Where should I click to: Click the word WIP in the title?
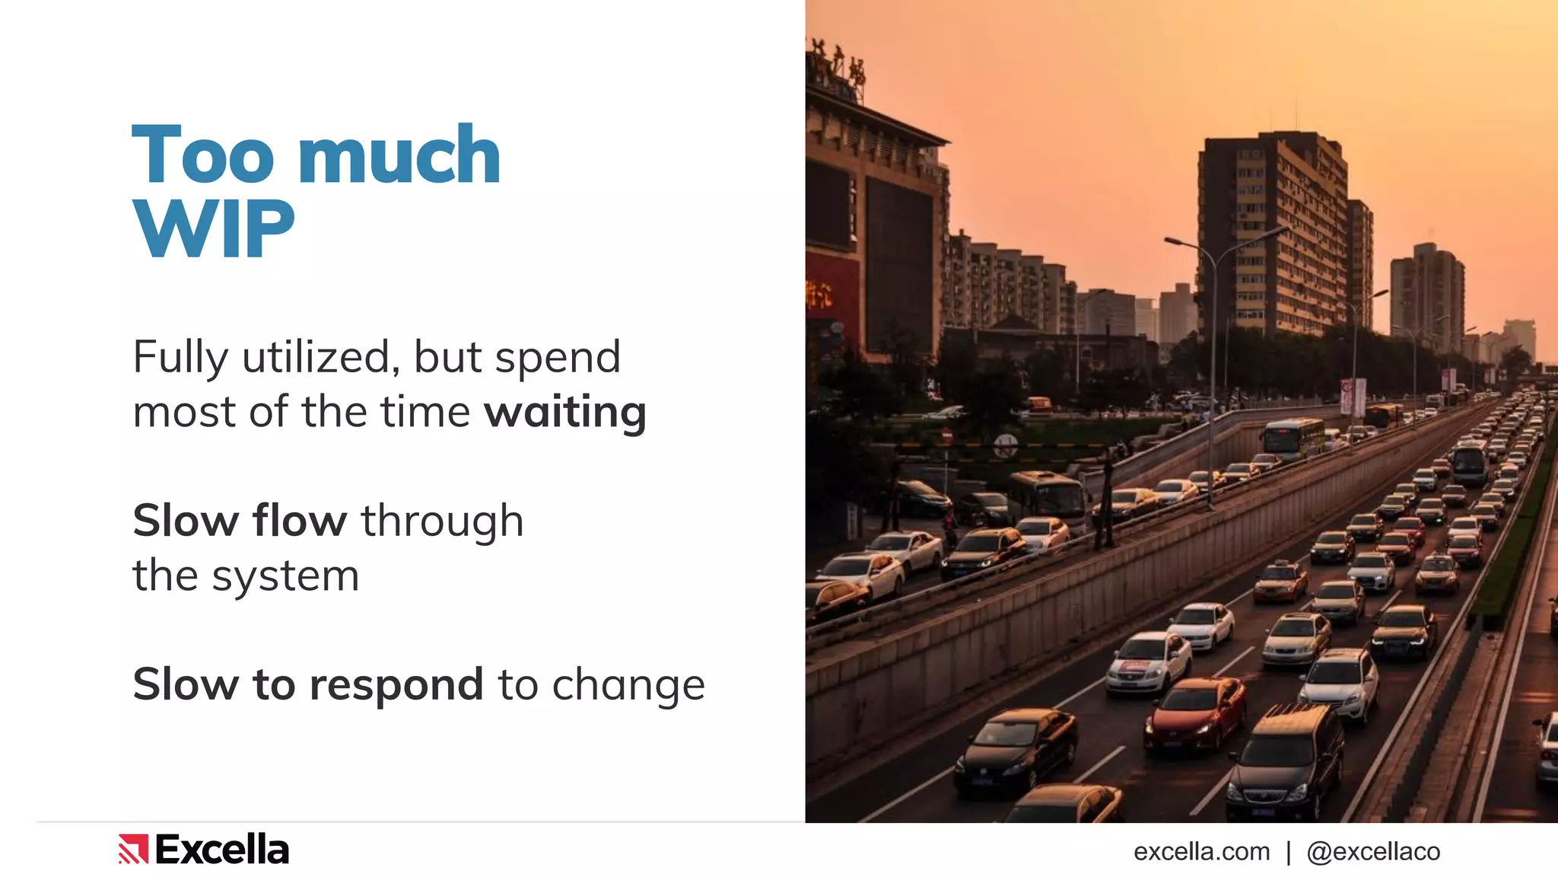(214, 228)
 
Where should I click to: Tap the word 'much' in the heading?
(399, 155)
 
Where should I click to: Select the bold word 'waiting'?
(565, 413)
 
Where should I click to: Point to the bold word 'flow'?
(300, 521)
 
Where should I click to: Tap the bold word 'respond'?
(396, 684)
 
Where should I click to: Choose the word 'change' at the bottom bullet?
(628, 684)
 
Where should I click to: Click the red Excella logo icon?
(133, 849)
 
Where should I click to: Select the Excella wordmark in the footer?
(222, 850)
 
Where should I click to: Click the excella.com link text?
(1201, 851)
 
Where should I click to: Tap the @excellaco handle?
(1373, 851)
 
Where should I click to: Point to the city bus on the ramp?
(1292, 435)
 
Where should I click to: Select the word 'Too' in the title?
(202, 155)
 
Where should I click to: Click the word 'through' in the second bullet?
(442, 521)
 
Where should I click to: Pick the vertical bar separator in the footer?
(1289, 852)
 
